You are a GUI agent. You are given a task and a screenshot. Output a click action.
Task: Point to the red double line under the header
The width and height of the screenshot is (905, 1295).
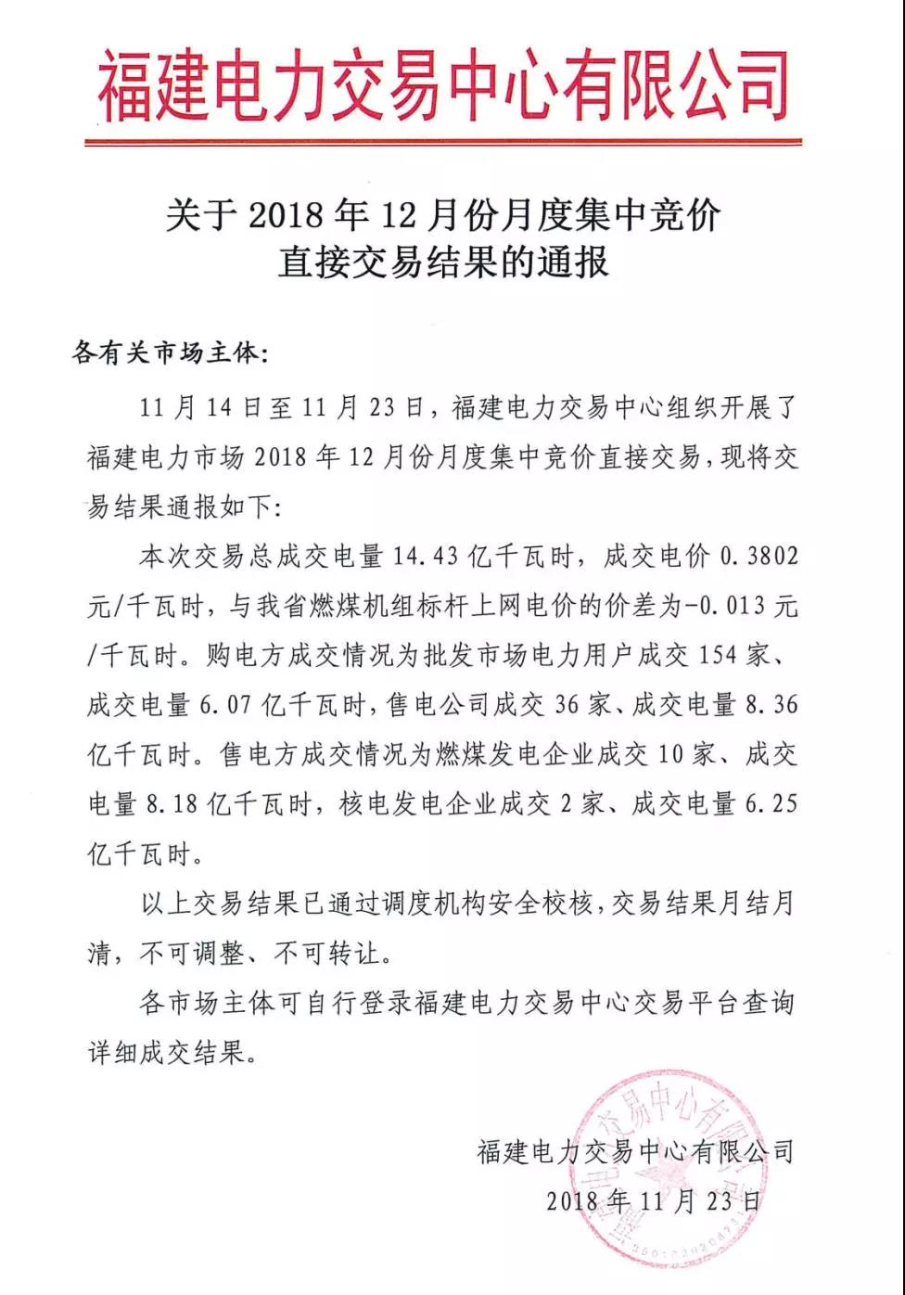[x=443, y=142]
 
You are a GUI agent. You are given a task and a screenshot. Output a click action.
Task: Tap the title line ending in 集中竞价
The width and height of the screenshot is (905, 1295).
[x=443, y=215]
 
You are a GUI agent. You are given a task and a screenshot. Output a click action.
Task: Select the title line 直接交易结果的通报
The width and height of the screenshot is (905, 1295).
[x=443, y=263]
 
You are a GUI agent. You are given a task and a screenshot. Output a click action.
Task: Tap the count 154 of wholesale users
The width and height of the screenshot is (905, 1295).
[x=719, y=656]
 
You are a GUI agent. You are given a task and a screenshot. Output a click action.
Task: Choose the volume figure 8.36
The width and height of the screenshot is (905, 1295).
[x=771, y=705]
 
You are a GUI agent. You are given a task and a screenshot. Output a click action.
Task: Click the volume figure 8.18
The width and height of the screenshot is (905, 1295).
[x=172, y=804]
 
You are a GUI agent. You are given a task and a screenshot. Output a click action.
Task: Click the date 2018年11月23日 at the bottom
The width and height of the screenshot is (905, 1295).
[x=654, y=1201]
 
